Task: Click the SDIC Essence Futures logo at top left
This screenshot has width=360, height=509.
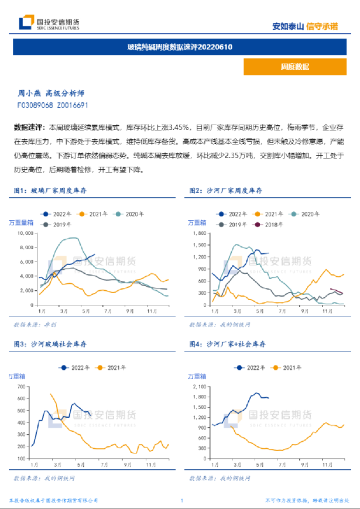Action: [x=49, y=23]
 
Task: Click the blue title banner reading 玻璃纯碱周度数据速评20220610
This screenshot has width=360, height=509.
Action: [x=180, y=47]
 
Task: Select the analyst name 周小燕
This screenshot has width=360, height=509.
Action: [x=29, y=93]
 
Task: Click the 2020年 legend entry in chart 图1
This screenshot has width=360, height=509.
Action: [x=130, y=214]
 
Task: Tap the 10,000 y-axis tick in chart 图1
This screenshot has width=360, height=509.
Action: [x=26, y=233]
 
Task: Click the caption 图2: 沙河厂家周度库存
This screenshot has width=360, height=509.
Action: [x=226, y=190]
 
